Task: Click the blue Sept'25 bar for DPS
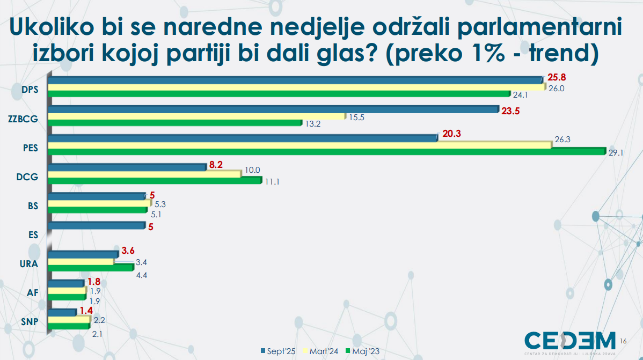(295, 80)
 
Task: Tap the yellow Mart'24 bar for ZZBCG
(196, 116)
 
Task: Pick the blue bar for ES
(97, 226)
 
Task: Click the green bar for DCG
(155, 181)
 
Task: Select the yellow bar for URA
(81, 262)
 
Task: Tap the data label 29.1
(615, 153)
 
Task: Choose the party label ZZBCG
(24, 119)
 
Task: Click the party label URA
(28, 263)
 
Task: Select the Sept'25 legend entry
(279, 351)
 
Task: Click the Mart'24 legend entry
(322, 351)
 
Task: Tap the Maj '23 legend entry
(366, 351)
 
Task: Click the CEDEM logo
(570, 342)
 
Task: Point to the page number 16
(623, 342)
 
